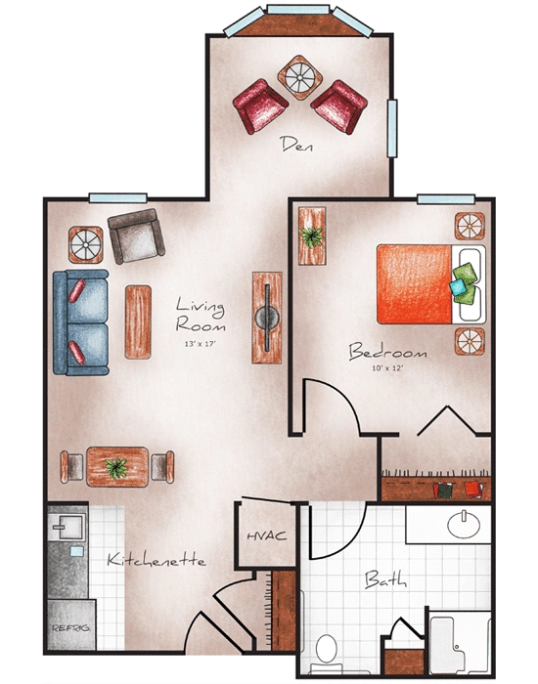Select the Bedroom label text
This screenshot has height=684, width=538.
tap(388, 352)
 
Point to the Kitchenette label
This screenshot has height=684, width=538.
tap(156, 561)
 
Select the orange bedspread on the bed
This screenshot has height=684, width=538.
tap(416, 283)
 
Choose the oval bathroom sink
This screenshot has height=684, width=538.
tap(464, 526)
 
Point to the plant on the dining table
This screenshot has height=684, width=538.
tap(116, 466)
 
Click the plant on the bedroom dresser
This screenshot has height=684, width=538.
tap(314, 236)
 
